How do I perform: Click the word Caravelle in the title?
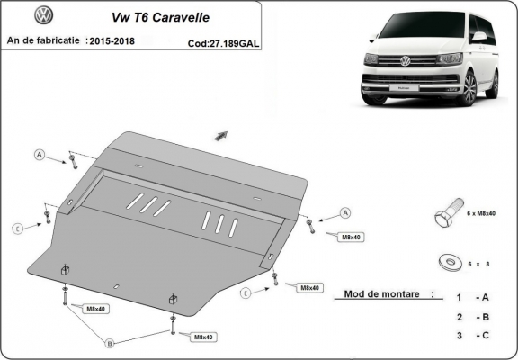[x=189, y=17]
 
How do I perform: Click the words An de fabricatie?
[x=42, y=40]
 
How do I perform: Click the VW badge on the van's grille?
[x=405, y=61]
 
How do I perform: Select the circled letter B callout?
[x=110, y=344]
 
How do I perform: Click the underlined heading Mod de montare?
[x=383, y=294]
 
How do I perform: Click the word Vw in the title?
[x=117, y=17]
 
